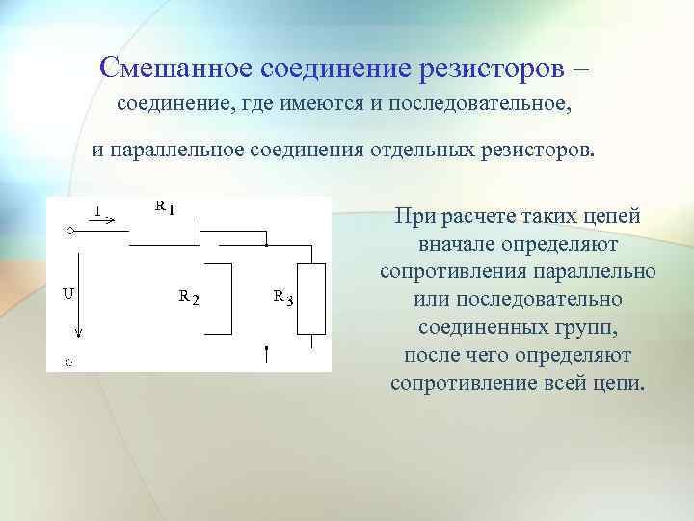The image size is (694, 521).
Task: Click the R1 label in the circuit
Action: coord(165,207)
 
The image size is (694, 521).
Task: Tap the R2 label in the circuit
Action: coord(189,297)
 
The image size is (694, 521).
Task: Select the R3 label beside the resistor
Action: coord(282,297)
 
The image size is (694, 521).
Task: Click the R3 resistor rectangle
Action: coord(312,300)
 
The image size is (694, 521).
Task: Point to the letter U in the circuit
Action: coord(69,293)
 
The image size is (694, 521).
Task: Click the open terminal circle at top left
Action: coord(69,231)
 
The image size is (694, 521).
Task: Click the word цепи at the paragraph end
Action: coord(620,383)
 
